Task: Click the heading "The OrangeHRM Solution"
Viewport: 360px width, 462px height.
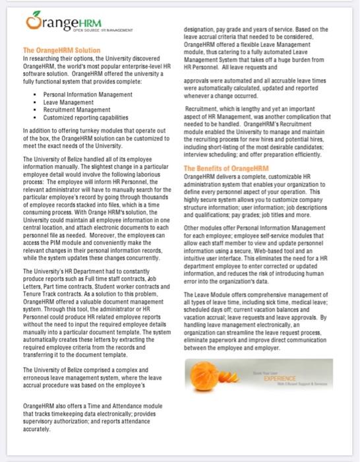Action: (61, 50)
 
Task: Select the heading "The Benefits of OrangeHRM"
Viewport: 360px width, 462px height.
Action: (227, 168)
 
